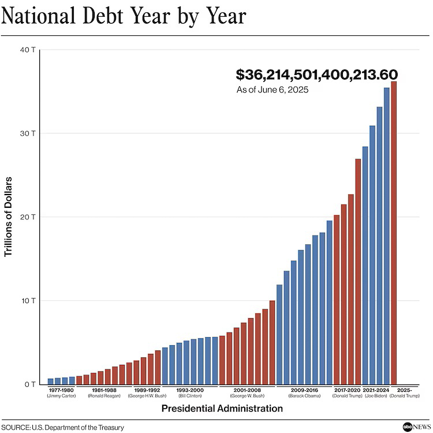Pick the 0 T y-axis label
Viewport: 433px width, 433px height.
coord(31,385)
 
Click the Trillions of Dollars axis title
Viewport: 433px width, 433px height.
coord(9,217)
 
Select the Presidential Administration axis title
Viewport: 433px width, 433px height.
coord(222,409)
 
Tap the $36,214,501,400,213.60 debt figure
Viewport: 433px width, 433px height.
coord(317,75)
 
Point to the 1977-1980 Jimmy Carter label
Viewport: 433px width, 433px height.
coord(62,393)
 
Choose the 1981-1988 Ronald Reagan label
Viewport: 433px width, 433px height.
coord(104,393)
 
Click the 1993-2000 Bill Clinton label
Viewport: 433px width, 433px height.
coord(190,393)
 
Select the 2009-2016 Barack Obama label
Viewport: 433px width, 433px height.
coord(304,393)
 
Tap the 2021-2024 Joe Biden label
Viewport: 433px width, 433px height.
coord(376,393)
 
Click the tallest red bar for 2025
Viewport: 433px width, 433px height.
coord(394,231)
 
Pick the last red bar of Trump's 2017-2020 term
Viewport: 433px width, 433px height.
coord(358,271)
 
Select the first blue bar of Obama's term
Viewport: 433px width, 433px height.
coord(279,335)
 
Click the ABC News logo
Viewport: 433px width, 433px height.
coord(414,426)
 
